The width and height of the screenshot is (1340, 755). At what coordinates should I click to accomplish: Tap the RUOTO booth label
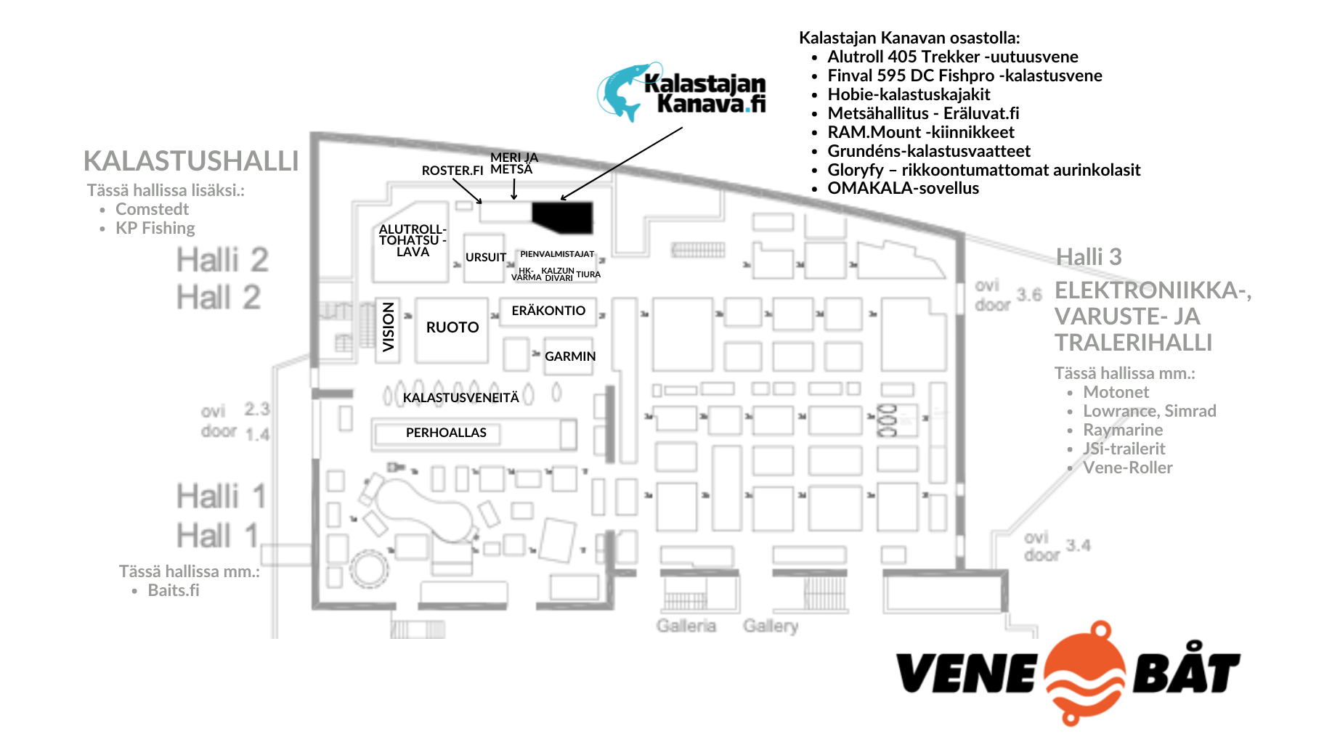[452, 327]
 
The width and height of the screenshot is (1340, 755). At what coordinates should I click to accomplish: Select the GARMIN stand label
[570, 356]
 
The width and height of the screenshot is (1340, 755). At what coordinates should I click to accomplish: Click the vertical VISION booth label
[389, 327]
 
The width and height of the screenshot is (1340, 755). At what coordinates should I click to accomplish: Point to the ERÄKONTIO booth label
[548, 311]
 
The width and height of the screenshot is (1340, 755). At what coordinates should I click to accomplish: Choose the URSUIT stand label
[486, 258]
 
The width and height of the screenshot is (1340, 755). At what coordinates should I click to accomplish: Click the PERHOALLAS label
[446, 433]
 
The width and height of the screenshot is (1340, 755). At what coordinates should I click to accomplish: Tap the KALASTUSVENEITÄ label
[461, 398]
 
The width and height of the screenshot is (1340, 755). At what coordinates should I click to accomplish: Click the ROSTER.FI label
[452, 171]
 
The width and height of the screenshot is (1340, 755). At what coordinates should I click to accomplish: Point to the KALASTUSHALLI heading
[191, 161]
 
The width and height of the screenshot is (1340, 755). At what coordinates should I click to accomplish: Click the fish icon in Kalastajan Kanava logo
[622, 91]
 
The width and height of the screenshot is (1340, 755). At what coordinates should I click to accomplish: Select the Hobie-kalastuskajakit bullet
[909, 94]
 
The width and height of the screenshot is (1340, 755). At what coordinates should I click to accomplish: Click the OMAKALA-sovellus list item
[903, 188]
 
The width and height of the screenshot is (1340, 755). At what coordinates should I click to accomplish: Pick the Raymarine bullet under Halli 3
[1122, 430]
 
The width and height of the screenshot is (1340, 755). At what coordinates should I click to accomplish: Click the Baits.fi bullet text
[174, 590]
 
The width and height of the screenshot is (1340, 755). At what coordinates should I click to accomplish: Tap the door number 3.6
[1028, 295]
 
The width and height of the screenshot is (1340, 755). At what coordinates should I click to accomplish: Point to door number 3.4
[1078, 545]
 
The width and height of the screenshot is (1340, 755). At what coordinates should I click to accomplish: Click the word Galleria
[686, 626]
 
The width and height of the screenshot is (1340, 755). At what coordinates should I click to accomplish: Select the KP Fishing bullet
[155, 228]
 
